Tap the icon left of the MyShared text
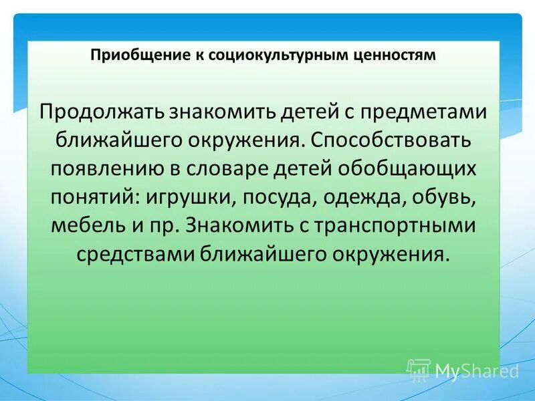click(x=418, y=370)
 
